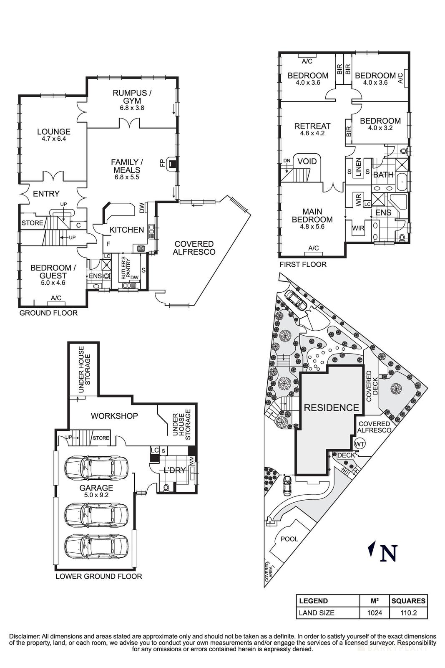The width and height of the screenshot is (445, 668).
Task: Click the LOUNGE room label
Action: pos(53,132)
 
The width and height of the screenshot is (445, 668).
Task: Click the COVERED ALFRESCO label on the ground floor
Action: pos(194,248)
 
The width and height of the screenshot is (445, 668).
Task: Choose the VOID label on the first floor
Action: pos(307,162)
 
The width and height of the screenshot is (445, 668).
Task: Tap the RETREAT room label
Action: pos(312,126)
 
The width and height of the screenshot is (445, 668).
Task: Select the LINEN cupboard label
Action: pos(358,167)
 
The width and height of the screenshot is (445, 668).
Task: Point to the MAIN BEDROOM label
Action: pos(312,215)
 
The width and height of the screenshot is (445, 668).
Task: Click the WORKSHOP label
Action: pos(114,416)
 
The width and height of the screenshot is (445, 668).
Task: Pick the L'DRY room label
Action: pos(174,470)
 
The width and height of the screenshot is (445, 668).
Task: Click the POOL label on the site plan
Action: pos(289,539)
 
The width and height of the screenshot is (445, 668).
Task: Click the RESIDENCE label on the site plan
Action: pos(331,408)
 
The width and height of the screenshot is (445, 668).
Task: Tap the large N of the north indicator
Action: pos(388,553)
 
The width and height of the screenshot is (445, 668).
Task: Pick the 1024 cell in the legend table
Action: pos(374,613)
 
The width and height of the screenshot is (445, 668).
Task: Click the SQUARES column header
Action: pos(408,601)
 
